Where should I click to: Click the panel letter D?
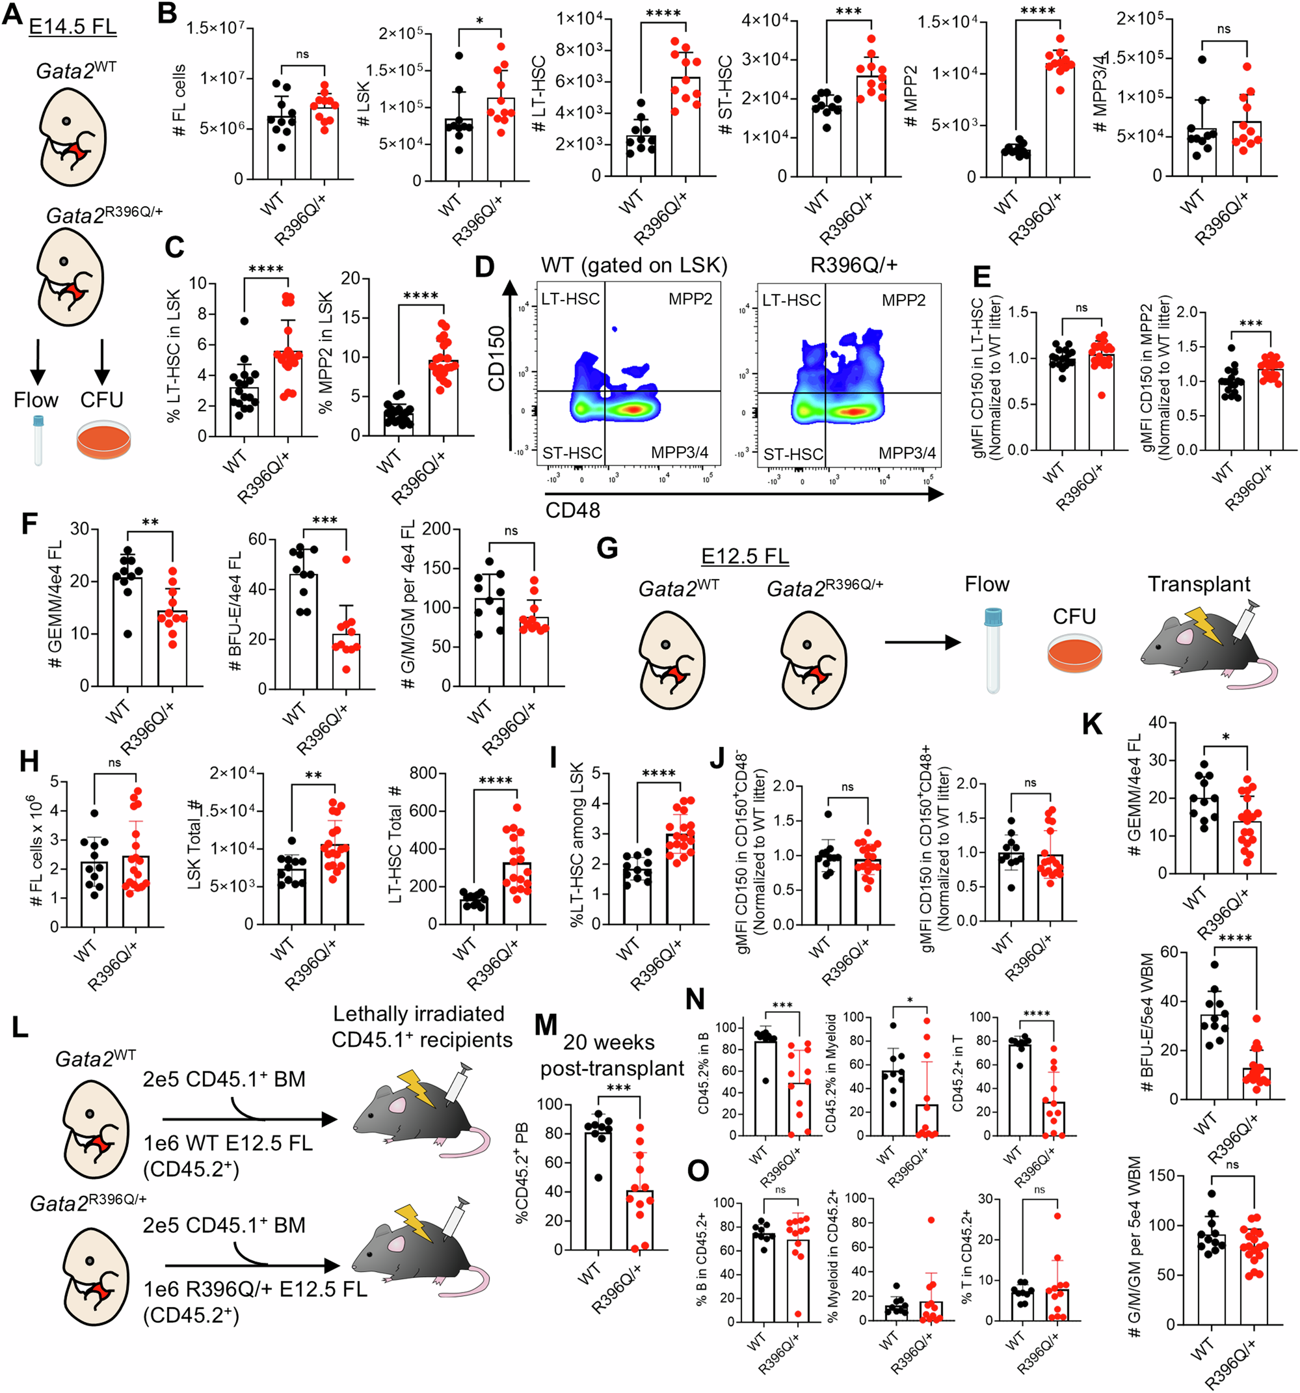pyautogui.click(x=484, y=267)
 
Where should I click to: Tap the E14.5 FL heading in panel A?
pyautogui.click(x=72, y=26)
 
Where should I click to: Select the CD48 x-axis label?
pyautogui.click(x=572, y=510)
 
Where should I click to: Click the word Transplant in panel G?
pyautogui.click(x=1199, y=584)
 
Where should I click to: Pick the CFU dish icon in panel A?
pyautogui.click(x=103, y=440)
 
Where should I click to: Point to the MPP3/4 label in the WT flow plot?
pyautogui.click(x=680, y=453)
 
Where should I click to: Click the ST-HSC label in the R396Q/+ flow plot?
pyautogui.click(x=793, y=454)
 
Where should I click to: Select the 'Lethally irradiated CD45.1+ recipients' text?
pyautogui.click(x=421, y=1026)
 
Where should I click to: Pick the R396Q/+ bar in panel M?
pyautogui.click(x=639, y=1219)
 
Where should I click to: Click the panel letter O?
pyautogui.click(x=698, y=1172)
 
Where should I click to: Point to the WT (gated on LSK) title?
pyautogui.click(x=634, y=265)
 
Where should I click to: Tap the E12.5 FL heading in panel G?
pyautogui.click(x=745, y=556)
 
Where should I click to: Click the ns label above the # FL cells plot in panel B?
pyautogui.click(x=302, y=54)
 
